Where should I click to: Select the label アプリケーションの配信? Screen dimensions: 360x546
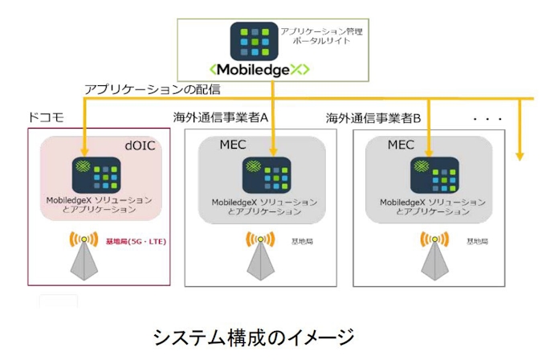click(x=153, y=88)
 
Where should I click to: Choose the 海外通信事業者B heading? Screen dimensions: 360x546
click(x=373, y=118)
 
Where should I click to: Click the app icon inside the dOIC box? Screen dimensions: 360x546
click(x=96, y=174)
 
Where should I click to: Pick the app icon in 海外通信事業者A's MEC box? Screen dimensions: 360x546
click(x=266, y=174)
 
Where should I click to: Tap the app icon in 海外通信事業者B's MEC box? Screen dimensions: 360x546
click(x=434, y=174)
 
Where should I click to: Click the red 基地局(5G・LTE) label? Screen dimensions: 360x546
click(x=136, y=241)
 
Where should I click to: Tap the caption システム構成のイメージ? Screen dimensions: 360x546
click(x=252, y=336)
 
